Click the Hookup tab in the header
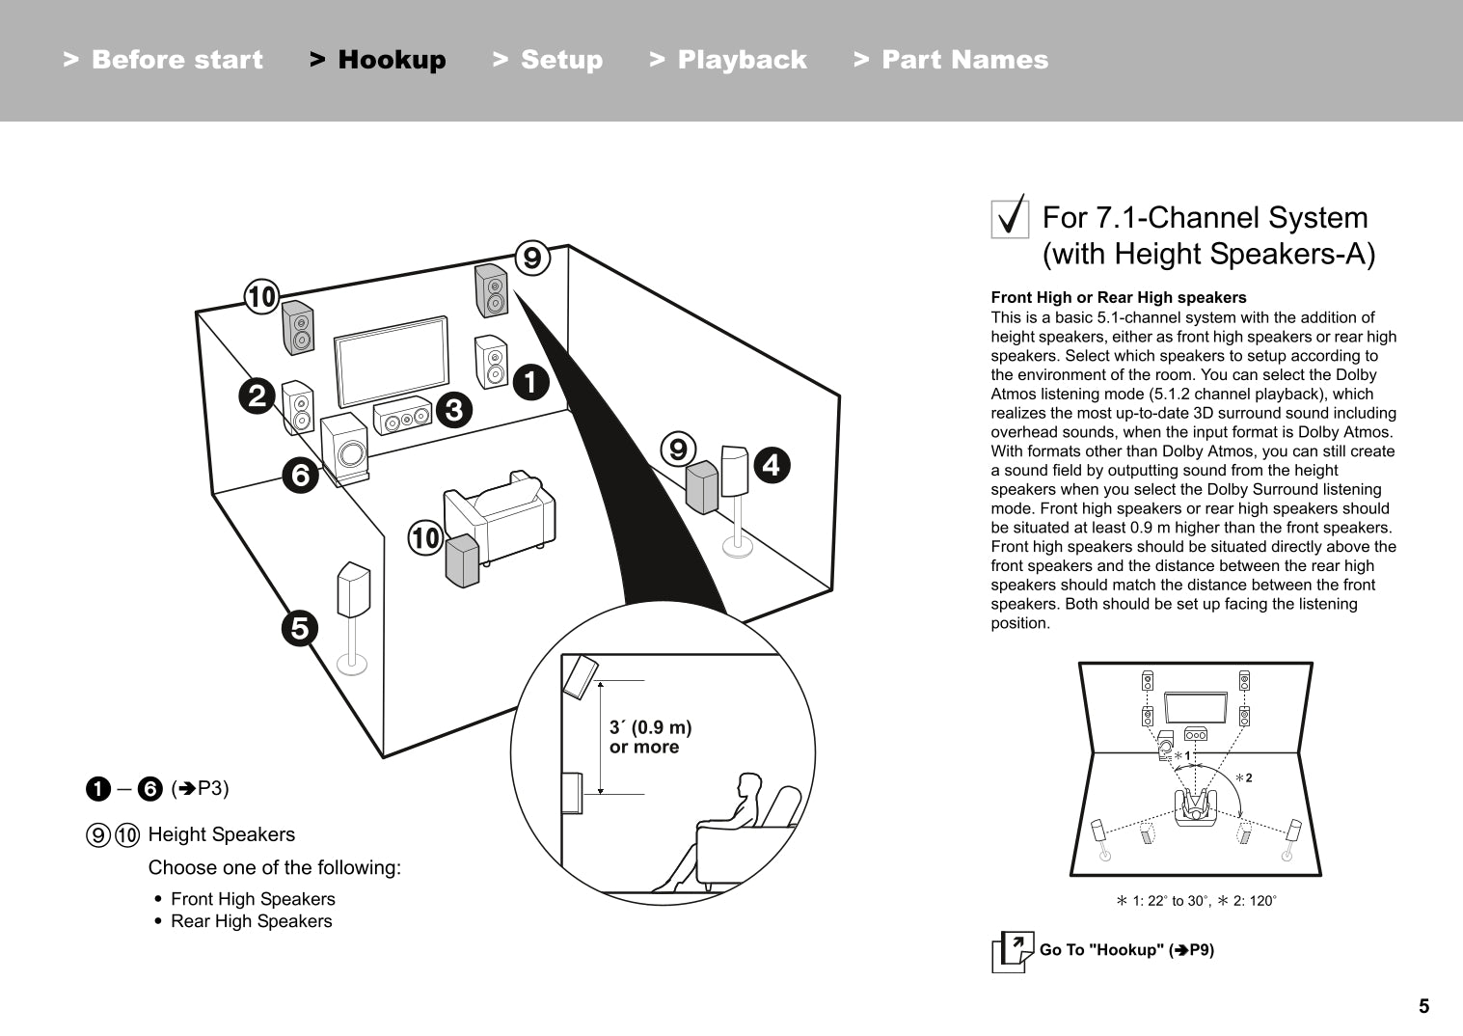pyautogui.click(x=378, y=60)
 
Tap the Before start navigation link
pyautogui.click(x=163, y=60)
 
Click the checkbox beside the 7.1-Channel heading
pyautogui.click(x=1010, y=217)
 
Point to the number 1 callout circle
pyautogui.click(x=530, y=383)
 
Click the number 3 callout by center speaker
pyautogui.click(x=453, y=410)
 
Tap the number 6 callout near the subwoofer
pyautogui.click(x=301, y=475)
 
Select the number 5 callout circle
pyautogui.click(x=300, y=628)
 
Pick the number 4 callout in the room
pyautogui.click(x=771, y=466)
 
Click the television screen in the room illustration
pyautogui.click(x=392, y=361)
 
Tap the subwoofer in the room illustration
pyautogui.click(x=345, y=449)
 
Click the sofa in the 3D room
pyautogui.click(x=501, y=516)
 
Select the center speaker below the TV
pyautogui.click(x=402, y=418)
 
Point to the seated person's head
pyautogui.click(x=748, y=786)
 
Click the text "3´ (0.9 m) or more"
pyautogui.click(x=650, y=737)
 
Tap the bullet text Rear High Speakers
pyautogui.click(x=251, y=921)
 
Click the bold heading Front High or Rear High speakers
pyautogui.click(x=1119, y=298)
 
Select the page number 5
pyautogui.click(x=1423, y=1006)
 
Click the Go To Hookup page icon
pyautogui.click(x=1012, y=952)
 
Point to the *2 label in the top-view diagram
pyautogui.click(x=1244, y=777)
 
